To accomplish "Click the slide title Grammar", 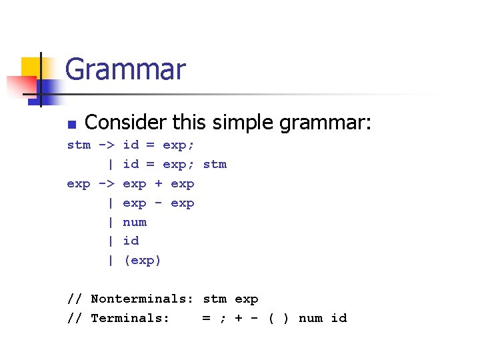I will tap(125, 69).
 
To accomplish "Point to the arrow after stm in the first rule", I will tap(107, 145).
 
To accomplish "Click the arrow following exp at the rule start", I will tap(107, 183).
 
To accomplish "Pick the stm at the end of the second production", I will tap(215, 164).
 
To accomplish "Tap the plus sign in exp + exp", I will tap(159, 183).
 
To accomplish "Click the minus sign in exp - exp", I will tap(159, 203).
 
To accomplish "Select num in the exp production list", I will tap(135, 222).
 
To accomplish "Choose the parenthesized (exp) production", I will tap(143, 261).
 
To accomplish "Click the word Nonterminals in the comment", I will tap(142, 299).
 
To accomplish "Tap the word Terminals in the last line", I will tap(130, 319).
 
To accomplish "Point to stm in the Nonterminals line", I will tap(215, 299).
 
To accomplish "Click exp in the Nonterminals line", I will tap(247, 299).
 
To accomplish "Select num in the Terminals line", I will tap(311, 319).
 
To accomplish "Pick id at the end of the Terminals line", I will tap(339, 319).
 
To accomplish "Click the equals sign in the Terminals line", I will tap(207, 319).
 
